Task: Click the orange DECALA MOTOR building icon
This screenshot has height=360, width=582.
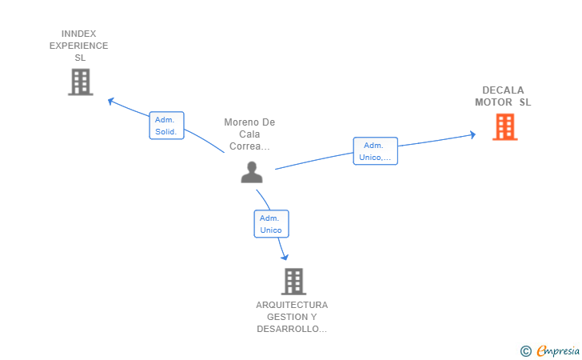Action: pyautogui.click(x=504, y=126)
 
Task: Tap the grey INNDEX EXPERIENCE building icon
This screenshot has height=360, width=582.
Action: pyautogui.click(x=80, y=82)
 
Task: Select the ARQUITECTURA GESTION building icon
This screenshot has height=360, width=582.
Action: pyautogui.click(x=293, y=281)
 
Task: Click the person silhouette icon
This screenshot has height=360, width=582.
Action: pyautogui.click(x=252, y=172)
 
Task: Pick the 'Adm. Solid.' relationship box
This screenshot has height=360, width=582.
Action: pyautogui.click(x=166, y=126)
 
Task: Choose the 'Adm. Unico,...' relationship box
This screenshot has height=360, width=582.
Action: pyautogui.click(x=375, y=151)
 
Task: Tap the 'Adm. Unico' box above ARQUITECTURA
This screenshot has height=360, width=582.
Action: pyautogui.click(x=271, y=224)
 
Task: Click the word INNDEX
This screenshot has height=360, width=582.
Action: pyautogui.click(x=79, y=34)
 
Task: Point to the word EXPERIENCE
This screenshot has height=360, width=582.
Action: pyautogui.click(x=79, y=46)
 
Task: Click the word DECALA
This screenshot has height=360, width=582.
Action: pyautogui.click(x=503, y=90)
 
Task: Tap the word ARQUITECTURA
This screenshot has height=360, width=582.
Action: pyautogui.click(x=292, y=305)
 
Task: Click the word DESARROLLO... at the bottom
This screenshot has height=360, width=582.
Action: pyautogui.click(x=292, y=329)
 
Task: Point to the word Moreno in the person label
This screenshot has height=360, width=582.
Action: pyautogui.click(x=237, y=122)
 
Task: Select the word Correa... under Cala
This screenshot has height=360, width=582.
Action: pyautogui.click(x=249, y=146)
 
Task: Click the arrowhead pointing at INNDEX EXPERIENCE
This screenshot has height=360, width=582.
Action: pyautogui.click(x=111, y=101)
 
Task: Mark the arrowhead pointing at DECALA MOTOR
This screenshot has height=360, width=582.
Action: pyautogui.click(x=472, y=134)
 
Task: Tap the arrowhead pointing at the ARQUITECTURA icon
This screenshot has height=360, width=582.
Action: pyautogui.click(x=284, y=256)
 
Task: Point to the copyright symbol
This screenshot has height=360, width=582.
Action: pyautogui.click(x=525, y=350)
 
